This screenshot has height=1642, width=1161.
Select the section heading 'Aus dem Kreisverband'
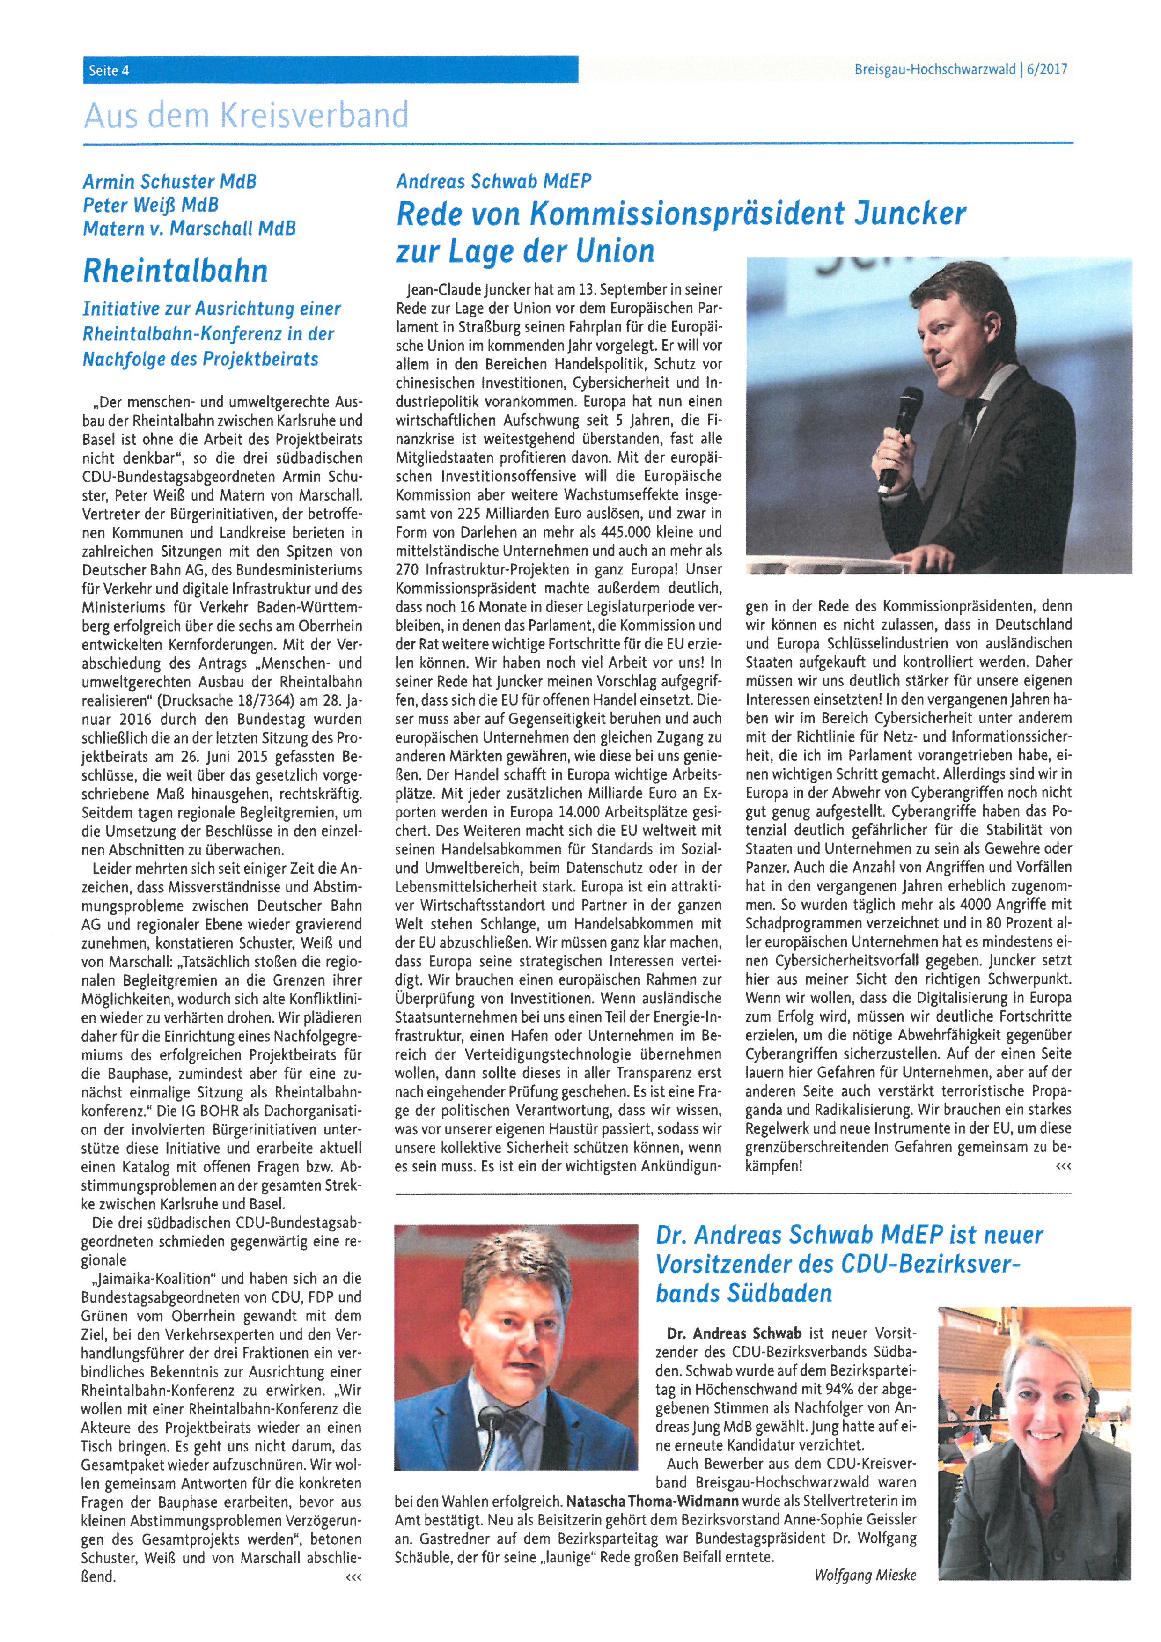246,115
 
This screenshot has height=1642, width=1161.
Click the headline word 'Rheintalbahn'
176,270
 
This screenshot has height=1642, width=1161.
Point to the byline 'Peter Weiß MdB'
150,205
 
